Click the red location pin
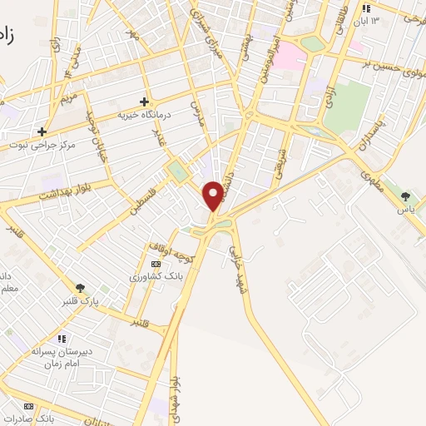[x=214, y=194]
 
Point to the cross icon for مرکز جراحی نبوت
[x=42, y=131]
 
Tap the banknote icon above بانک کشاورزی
[x=156, y=263]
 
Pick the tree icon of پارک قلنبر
[x=81, y=288]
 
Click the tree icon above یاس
[x=405, y=197]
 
